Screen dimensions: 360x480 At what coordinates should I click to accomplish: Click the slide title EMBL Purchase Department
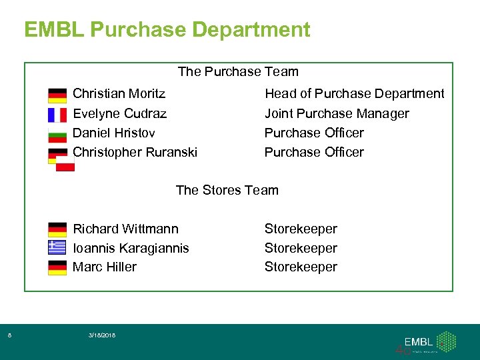pos(167,30)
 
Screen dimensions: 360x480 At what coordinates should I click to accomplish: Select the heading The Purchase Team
pos(238,71)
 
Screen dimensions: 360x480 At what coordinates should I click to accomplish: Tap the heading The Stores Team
pos(227,190)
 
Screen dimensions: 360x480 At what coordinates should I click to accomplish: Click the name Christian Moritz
pos(119,93)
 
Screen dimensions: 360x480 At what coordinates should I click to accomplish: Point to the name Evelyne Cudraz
pos(119,113)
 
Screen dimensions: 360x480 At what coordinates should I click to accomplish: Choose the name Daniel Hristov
pos(113,133)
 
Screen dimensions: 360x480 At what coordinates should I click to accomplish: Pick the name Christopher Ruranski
pos(135,152)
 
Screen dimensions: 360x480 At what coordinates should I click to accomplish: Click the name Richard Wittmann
pos(125,229)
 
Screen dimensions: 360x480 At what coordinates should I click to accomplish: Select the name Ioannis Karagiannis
pos(131,248)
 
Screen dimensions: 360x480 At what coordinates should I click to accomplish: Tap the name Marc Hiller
pos(104,267)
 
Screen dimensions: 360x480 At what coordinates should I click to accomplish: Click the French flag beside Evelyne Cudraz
pos(57,115)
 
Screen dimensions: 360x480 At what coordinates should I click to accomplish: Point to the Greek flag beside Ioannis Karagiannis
pos(57,248)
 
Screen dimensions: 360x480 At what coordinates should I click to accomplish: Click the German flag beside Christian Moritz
pos(57,95)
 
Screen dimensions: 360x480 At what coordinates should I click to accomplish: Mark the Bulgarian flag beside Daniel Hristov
pos(57,134)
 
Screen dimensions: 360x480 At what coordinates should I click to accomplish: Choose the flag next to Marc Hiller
pos(57,267)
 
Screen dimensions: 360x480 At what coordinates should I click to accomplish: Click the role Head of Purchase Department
pos(354,93)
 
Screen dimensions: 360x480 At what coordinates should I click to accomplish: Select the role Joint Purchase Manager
pos(337,113)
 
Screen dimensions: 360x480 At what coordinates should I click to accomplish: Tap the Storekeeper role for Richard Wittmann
pos(301,229)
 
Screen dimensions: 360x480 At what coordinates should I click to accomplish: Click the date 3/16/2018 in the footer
pos(101,335)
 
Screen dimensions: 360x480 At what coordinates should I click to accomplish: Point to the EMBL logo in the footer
pos(425,341)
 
